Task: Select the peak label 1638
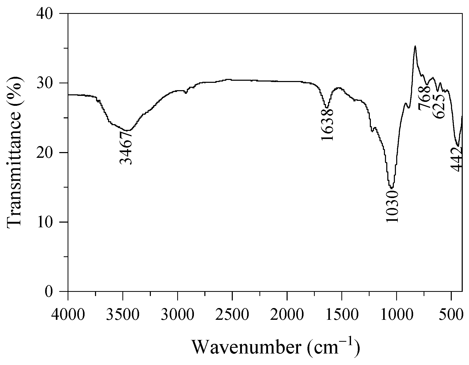327,125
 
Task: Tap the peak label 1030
392,206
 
